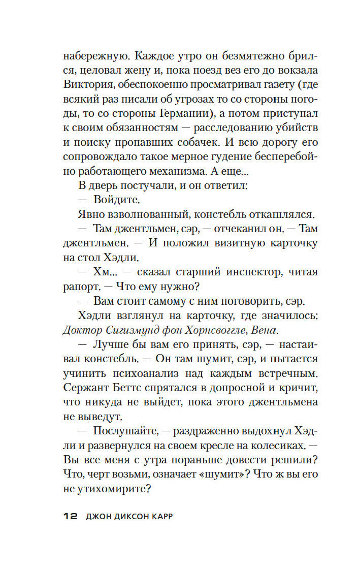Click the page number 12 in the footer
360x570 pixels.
pos(70,516)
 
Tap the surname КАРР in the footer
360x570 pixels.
pos(165,516)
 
